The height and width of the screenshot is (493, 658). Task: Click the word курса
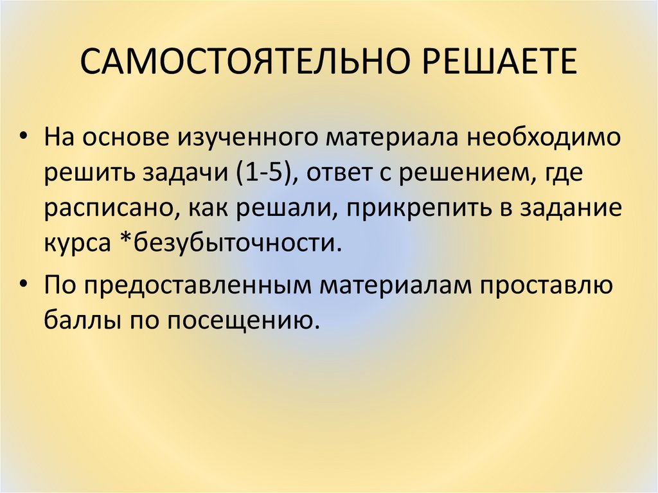click(77, 245)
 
